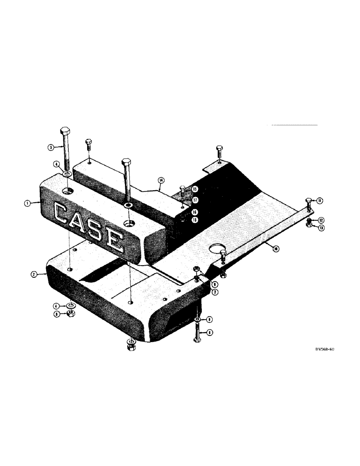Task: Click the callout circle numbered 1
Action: tap(28, 203)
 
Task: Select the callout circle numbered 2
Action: tap(34, 275)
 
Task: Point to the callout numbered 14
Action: tap(161, 179)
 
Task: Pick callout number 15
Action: tap(195, 189)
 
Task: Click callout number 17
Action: tap(195, 200)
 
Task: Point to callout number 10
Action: tap(277, 249)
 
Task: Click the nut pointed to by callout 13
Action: tap(310, 226)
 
